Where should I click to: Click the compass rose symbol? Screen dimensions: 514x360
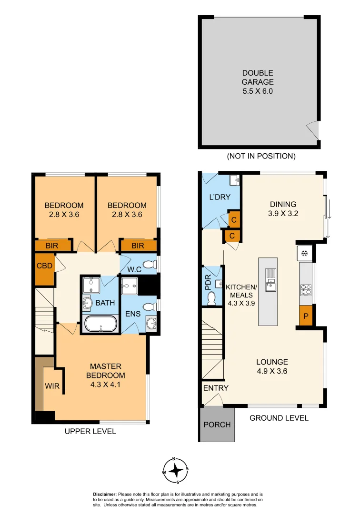[x=177, y=470]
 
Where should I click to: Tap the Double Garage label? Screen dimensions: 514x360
[x=258, y=82]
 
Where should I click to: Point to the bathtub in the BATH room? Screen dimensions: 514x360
[x=100, y=325]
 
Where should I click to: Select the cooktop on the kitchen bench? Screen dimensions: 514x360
[x=306, y=288]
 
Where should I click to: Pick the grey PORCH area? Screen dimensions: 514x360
[x=217, y=425]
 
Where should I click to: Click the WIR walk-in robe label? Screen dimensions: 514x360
[x=52, y=386]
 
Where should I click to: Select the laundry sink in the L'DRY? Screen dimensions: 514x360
[x=234, y=180]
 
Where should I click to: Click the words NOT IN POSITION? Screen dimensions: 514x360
[x=261, y=156]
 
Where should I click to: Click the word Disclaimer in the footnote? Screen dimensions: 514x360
[x=108, y=494]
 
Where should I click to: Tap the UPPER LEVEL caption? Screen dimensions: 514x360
[x=90, y=431]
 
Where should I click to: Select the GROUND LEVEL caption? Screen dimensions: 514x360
[x=279, y=418]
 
